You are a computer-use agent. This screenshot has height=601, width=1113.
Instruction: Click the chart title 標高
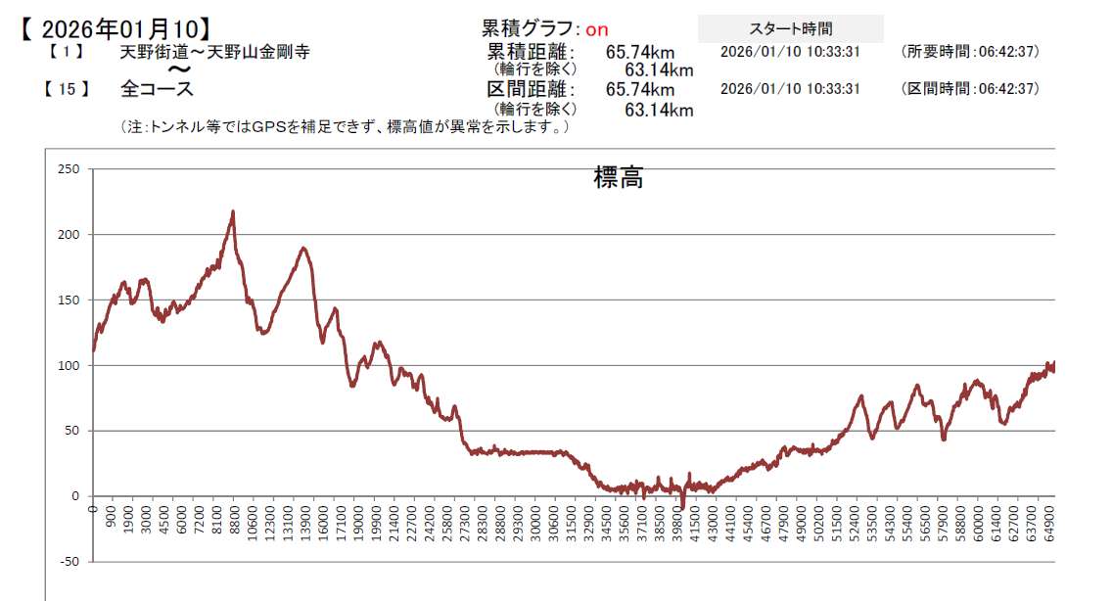click(618, 178)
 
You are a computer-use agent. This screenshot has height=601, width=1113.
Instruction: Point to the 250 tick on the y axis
click(68, 169)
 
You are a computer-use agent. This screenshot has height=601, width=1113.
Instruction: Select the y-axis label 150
click(68, 300)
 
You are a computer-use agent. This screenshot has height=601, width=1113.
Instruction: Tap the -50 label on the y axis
click(68, 562)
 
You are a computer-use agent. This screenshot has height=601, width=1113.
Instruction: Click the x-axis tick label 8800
click(234, 521)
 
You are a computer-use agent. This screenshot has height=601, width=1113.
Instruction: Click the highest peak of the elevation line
click(232, 211)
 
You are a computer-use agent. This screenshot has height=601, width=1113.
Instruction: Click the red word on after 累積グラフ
click(597, 30)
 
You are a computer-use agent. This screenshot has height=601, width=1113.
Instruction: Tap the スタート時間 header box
click(790, 29)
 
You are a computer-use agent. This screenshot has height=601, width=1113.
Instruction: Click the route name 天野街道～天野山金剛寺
click(214, 53)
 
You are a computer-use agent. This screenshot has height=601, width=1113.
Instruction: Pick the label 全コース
click(157, 89)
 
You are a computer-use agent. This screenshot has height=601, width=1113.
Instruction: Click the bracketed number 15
click(67, 89)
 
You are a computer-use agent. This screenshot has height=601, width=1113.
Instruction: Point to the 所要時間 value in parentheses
click(970, 52)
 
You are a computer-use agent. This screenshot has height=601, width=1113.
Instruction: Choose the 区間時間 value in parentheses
click(970, 89)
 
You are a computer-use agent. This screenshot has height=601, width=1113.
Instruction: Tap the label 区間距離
click(531, 90)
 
